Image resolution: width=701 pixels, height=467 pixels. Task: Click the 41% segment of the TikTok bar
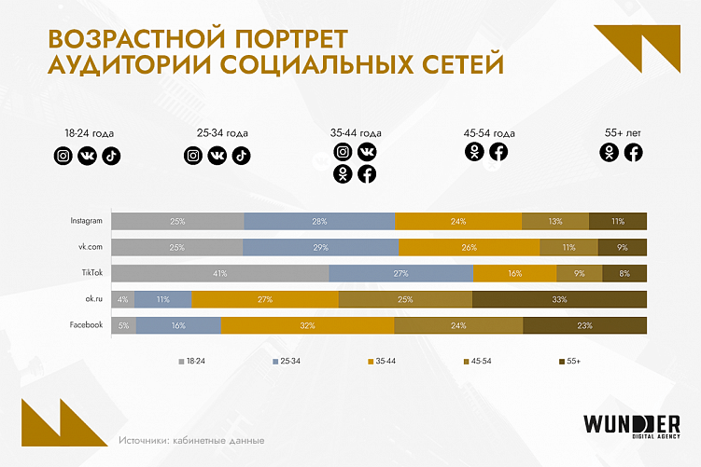tap(220, 273)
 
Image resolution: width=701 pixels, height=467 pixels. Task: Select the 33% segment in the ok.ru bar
tap(559, 299)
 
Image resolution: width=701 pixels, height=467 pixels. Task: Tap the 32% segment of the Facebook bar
tap(308, 324)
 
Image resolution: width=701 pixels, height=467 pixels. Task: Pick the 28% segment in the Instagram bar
tap(319, 222)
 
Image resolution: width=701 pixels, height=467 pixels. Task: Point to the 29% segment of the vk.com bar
tap(321, 247)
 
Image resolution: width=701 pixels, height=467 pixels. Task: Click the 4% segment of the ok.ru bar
tap(123, 299)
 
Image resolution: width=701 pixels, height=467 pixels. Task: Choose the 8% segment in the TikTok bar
tap(624, 273)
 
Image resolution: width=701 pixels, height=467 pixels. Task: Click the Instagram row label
tap(86, 222)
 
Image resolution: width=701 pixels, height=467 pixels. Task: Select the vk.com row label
tap(89, 247)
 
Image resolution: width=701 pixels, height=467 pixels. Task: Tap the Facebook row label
tap(85, 324)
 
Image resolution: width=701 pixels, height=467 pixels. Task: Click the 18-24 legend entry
tap(192, 360)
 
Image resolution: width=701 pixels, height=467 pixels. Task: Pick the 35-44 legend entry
tap(382, 360)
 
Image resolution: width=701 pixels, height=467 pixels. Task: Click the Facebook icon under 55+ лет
tap(634, 153)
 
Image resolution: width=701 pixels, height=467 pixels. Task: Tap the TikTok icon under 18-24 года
tap(111, 156)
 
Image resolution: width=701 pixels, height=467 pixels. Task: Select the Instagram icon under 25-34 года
tap(192, 156)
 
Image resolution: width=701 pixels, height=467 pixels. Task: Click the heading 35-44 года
tap(356, 133)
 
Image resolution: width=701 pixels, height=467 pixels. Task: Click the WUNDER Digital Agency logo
tap(630, 425)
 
